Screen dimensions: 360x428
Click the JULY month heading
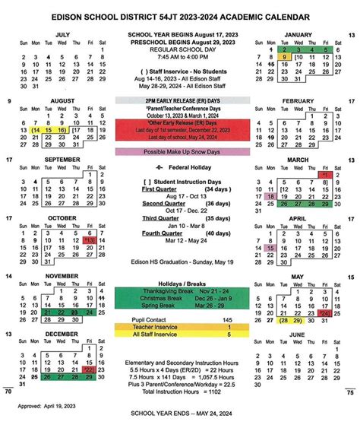[63, 34]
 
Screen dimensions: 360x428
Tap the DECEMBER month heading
[63, 333]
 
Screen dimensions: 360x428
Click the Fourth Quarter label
[159, 233]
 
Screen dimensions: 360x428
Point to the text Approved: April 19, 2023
[41, 407]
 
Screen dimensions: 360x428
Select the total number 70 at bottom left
[8, 392]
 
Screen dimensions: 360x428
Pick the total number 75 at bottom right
[350, 392]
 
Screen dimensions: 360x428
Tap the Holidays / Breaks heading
[179, 283]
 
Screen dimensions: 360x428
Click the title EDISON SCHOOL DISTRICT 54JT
[179, 14]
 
